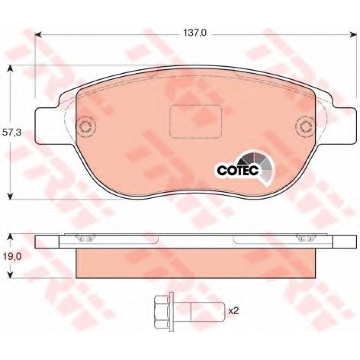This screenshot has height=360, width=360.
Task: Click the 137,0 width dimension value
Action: tap(195, 33)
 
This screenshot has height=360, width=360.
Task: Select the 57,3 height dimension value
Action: tap(12, 132)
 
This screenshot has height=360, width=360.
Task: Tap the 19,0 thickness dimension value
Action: tap(12, 256)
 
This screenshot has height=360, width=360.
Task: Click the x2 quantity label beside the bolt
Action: tap(234, 311)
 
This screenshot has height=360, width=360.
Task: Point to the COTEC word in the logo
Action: tap(238, 170)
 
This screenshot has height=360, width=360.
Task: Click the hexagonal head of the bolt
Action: tap(162, 312)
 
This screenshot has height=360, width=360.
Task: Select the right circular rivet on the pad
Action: tap(305, 127)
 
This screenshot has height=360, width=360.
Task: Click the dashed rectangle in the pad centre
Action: tap(196, 122)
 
